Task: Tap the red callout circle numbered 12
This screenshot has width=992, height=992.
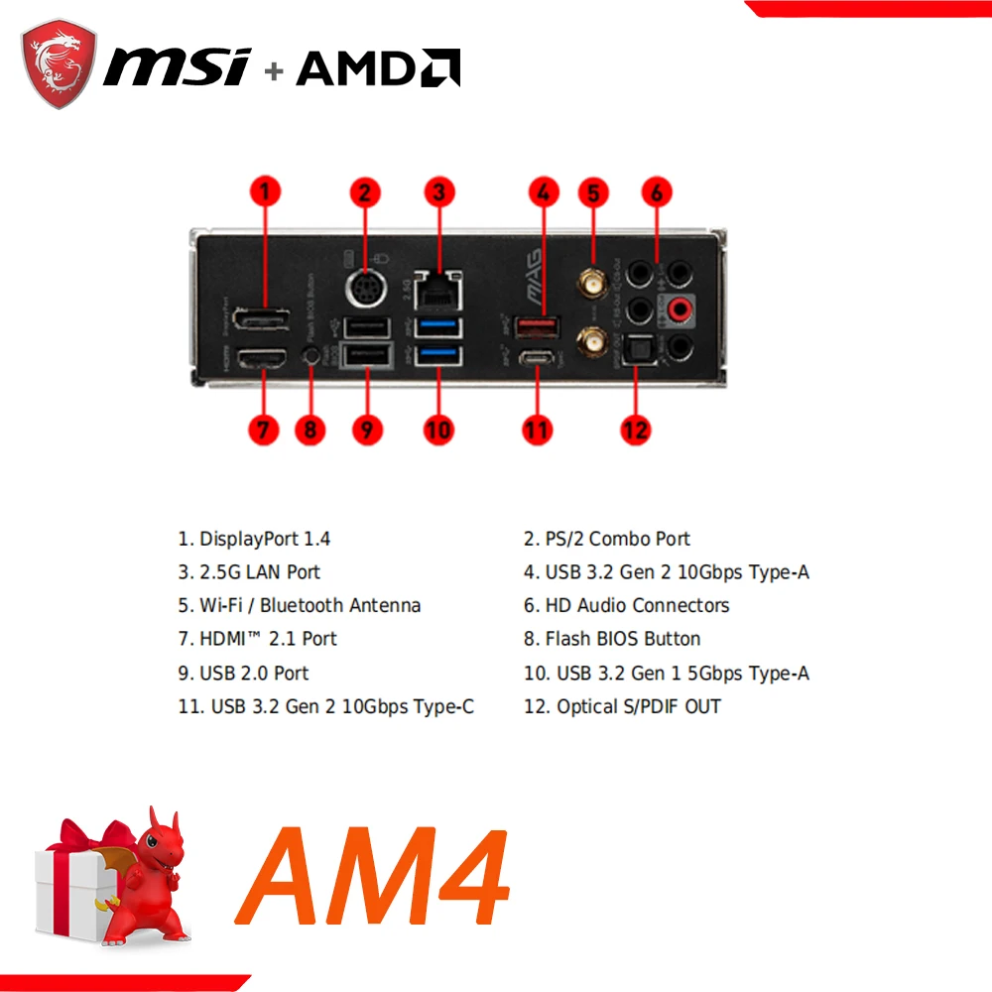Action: point(635,430)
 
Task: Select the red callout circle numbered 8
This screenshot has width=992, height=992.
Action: point(310,430)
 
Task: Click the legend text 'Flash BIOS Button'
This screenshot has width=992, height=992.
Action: point(623,639)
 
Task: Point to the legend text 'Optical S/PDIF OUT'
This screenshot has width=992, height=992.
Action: point(639,706)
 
